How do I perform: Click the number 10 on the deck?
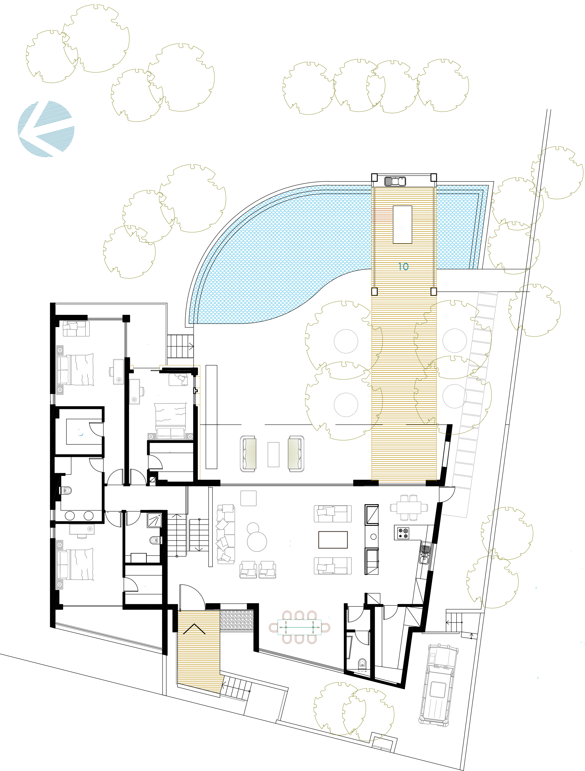tap(403, 267)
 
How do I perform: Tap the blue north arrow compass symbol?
tap(46, 129)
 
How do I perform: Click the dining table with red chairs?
tap(299, 627)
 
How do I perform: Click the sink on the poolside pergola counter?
tap(395, 181)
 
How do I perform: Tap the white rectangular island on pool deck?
tap(402, 224)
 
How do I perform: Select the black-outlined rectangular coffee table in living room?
tap(333, 540)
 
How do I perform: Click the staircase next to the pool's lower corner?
tap(180, 346)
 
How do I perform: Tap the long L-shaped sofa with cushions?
tap(225, 534)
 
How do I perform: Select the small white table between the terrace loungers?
tap(273, 454)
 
